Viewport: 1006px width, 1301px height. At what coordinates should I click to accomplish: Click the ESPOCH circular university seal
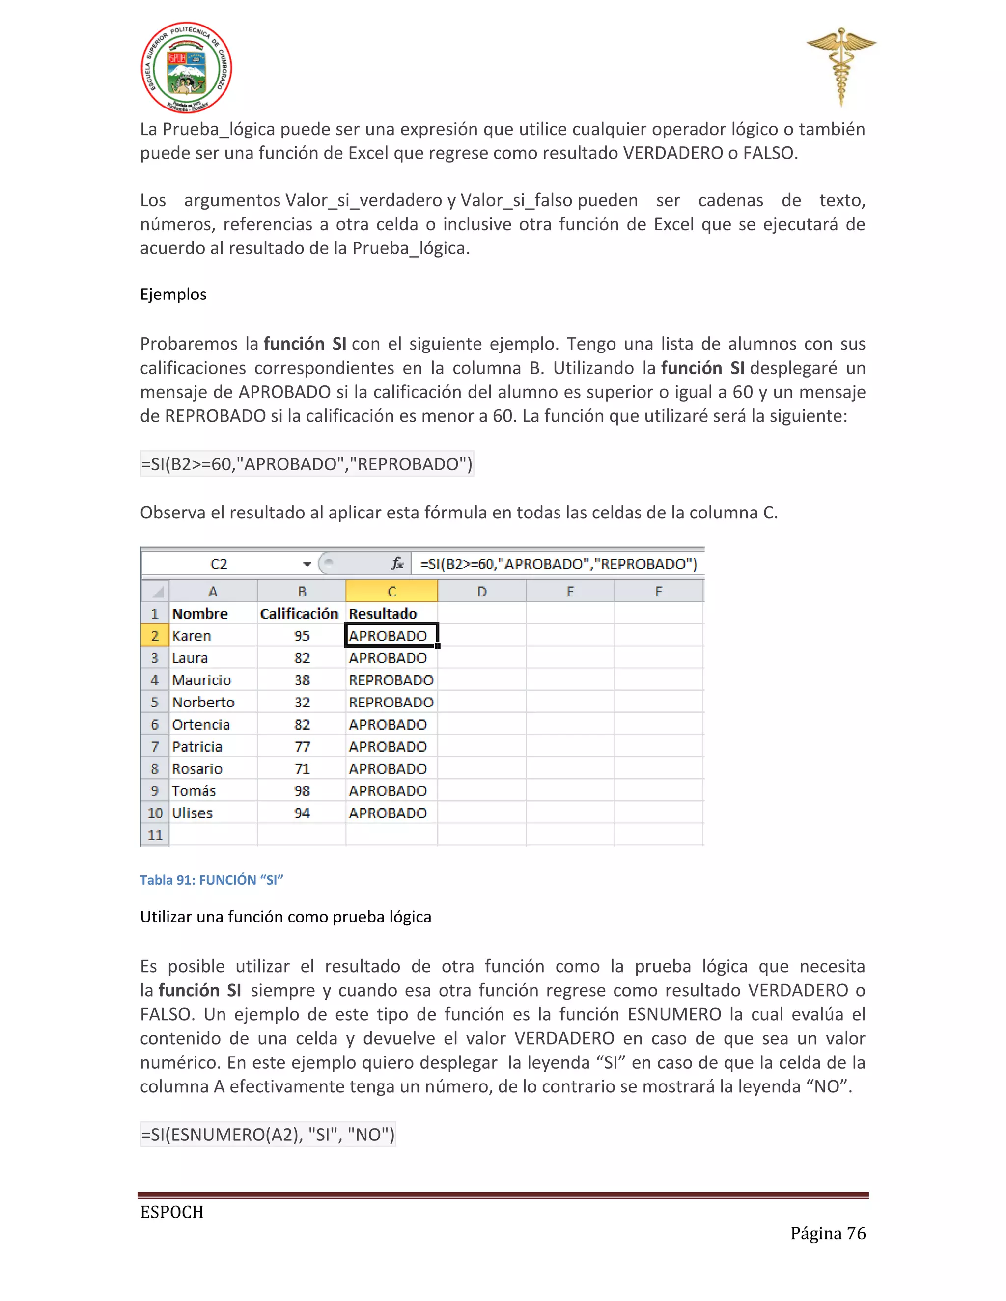186,67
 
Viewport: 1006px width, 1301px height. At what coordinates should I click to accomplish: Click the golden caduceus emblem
841,65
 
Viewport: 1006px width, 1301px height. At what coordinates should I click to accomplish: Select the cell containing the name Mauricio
201,679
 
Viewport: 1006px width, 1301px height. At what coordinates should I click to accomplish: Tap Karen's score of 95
302,636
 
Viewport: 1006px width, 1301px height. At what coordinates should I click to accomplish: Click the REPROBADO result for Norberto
391,703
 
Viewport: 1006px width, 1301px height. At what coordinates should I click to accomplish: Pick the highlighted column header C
391,592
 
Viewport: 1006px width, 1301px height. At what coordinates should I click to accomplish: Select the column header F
659,592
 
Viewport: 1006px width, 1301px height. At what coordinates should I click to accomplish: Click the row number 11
155,835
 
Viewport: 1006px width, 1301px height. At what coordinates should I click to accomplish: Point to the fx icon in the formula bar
397,564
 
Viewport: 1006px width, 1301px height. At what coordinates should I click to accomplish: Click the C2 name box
219,564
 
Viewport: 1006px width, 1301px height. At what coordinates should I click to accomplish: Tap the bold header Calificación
299,614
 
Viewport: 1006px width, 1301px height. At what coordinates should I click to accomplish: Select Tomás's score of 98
302,791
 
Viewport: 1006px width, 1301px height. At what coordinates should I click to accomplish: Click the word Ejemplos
173,294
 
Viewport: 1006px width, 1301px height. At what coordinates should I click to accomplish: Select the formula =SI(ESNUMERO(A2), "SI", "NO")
268,1134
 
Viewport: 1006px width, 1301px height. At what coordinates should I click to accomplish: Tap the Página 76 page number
827,1233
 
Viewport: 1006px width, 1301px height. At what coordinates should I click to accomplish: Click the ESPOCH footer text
171,1212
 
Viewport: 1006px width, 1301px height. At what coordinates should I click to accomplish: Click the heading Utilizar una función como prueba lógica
285,917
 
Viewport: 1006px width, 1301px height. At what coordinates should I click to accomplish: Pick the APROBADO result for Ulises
388,813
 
